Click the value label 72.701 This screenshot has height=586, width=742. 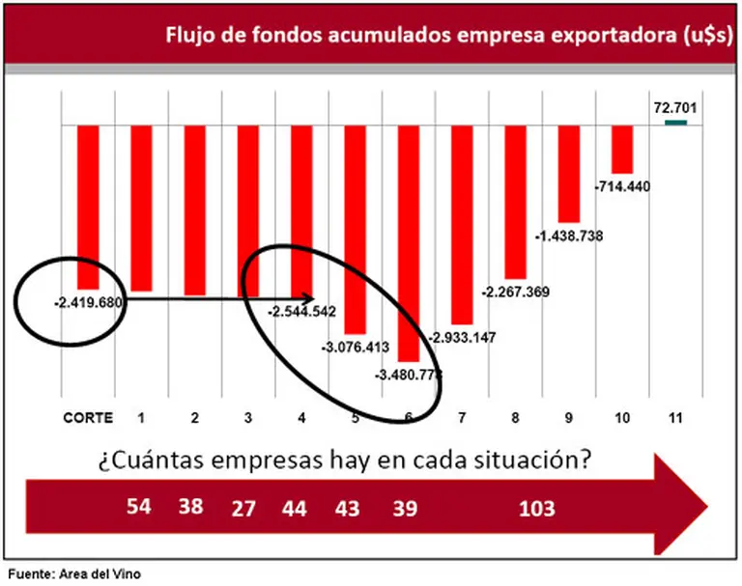[x=675, y=107]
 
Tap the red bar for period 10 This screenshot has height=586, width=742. [x=622, y=149]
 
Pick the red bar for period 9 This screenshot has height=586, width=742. [x=569, y=174]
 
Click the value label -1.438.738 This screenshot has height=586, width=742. [x=569, y=236]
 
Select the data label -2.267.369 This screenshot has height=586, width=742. [x=516, y=292]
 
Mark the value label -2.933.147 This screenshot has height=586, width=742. [x=462, y=337]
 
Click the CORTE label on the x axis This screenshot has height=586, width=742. [x=88, y=418]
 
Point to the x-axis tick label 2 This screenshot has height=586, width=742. [x=195, y=418]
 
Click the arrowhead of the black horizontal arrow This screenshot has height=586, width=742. [x=308, y=298]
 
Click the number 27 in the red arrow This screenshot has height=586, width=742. [x=243, y=508]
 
